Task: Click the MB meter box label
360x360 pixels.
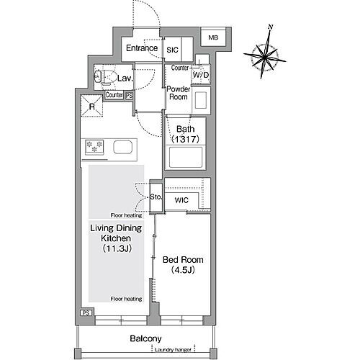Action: point(213,37)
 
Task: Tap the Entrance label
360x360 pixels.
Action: point(142,48)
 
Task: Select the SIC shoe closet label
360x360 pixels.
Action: point(172,50)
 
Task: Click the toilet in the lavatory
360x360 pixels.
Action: point(104,77)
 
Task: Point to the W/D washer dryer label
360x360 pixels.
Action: point(201,75)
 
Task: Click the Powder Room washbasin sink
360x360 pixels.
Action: point(201,100)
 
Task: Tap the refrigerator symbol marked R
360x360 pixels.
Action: point(92,106)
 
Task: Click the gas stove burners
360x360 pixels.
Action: point(94,146)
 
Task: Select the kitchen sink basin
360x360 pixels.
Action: point(122,147)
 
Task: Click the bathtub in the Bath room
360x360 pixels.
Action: point(186,158)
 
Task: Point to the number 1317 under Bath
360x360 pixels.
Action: point(186,139)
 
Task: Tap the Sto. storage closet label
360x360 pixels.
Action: point(156,197)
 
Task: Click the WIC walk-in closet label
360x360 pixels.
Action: point(181,200)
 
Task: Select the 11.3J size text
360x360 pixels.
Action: point(117,248)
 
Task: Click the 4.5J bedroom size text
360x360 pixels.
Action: point(183,270)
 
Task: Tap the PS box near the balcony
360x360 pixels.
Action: point(86,313)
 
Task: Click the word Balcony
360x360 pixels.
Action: point(145,338)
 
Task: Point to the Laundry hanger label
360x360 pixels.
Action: point(173,350)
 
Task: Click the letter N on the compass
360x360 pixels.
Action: point(271,27)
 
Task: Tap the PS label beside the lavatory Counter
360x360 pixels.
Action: point(129,96)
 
